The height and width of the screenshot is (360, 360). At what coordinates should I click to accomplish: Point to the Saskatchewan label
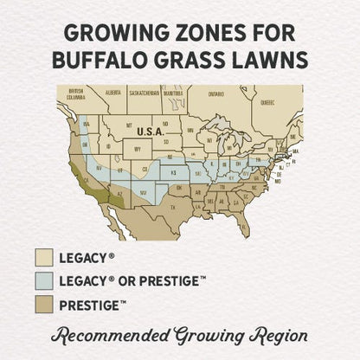pyautogui.click(x=145, y=89)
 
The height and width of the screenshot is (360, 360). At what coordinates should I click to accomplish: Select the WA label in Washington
pyautogui.click(x=85, y=120)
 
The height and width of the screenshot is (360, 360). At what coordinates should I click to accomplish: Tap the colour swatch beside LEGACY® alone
pyautogui.click(x=44, y=257)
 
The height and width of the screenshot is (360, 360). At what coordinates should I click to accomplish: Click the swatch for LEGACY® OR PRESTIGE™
pyautogui.click(x=44, y=281)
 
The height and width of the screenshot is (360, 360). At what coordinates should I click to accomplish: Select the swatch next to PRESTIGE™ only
pyautogui.click(x=44, y=305)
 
